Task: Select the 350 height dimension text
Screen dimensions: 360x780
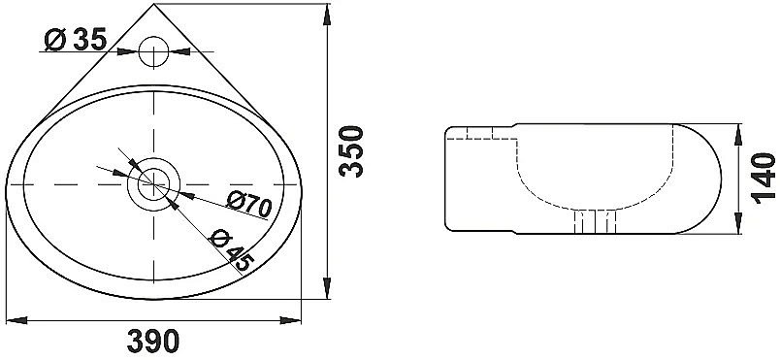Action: [354, 149]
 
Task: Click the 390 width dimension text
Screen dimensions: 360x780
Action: [155, 341]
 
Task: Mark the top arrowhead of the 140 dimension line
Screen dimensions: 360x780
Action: [743, 129]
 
